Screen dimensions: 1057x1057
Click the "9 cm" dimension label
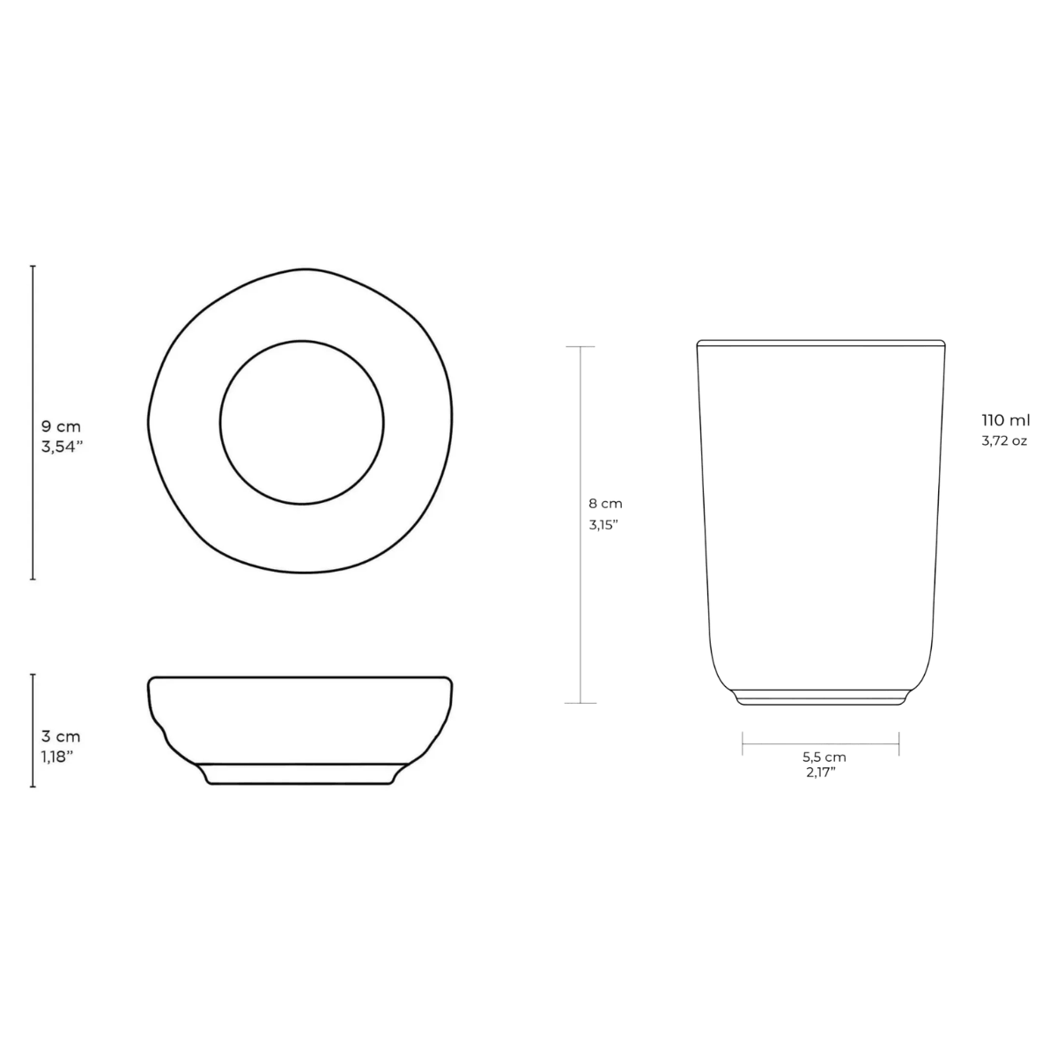click(61, 426)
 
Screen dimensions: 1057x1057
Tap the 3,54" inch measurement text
click(62, 447)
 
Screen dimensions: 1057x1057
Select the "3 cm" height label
click(61, 736)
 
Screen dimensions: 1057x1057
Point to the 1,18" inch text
click(57, 757)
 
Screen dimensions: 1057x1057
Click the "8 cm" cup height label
click(605, 503)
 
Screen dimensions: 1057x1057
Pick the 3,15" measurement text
click(603, 525)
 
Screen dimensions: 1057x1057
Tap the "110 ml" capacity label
click(1006, 420)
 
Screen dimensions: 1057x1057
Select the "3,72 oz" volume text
click(1004, 440)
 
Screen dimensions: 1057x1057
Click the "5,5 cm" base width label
click(824, 757)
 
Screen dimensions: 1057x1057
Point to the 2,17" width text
click(821, 772)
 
